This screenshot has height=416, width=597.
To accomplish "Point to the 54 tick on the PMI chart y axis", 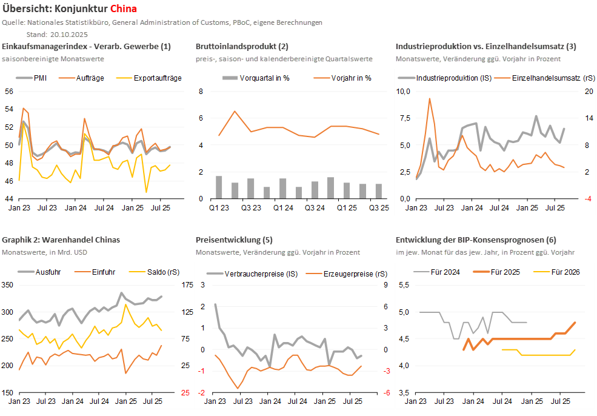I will click(x=8, y=109).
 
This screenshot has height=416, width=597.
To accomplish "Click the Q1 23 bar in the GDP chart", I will click(x=219, y=187).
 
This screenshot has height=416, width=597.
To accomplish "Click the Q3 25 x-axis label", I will click(x=379, y=208).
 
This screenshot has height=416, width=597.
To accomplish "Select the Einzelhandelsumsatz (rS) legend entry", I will click(x=545, y=78).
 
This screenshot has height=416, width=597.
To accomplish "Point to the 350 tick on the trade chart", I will click(x=8, y=285).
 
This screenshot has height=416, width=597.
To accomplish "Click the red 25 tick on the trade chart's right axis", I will click(x=185, y=392).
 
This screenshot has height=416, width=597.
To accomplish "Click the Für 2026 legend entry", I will click(x=565, y=272).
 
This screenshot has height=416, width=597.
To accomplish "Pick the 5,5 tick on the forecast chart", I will click(x=404, y=285).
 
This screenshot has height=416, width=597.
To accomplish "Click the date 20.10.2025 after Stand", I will click(x=65, y=34).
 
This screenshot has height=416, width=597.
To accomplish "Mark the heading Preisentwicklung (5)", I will click(x=234, y=240).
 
